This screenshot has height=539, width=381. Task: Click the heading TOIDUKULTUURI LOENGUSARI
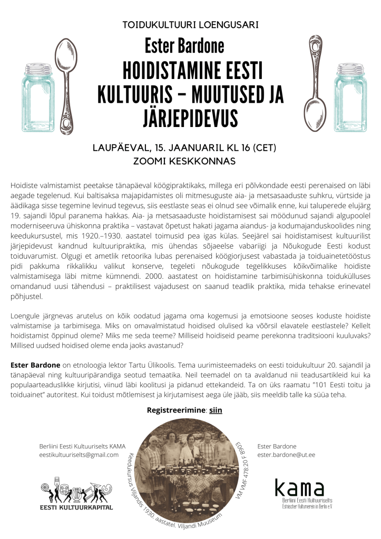point(190,25)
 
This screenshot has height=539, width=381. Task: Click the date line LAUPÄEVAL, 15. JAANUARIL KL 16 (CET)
point(190,147)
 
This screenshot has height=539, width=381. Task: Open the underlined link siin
point(216,408)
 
